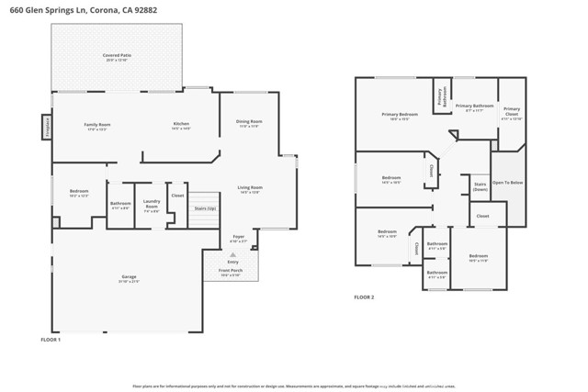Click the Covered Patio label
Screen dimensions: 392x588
point(116,56)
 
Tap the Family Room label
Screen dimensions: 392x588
point(97,125)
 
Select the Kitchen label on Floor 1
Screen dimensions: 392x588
point(182,125)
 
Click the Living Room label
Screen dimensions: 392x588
point(250,187)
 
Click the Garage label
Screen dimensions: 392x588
point(130,277)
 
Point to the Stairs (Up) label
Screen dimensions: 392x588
point(204,209)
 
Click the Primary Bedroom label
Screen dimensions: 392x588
point(400,115)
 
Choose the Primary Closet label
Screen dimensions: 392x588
point(512,112)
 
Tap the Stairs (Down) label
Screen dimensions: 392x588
point(480,186)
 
